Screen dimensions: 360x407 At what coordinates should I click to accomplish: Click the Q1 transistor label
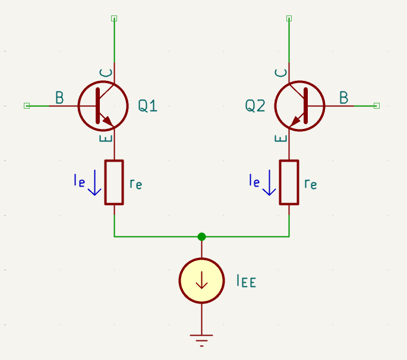click(x=148, y=106)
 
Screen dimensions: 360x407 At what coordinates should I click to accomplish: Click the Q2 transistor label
click(x=255, y=106)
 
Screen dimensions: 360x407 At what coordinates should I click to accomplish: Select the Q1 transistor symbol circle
click(x=103, y=106)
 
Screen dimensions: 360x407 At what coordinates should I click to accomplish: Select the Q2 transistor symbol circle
click(x=301, y=106)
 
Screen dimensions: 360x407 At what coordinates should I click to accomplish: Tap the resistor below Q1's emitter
click(x=114, y=182)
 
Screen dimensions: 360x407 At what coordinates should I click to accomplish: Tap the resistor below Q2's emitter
click(x=289, y=182)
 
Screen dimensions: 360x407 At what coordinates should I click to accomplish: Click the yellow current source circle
click(x=201, y=280)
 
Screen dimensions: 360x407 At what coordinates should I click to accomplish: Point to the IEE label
click(x=246, y=281)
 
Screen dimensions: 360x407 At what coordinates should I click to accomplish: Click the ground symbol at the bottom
click(x=201, y=340)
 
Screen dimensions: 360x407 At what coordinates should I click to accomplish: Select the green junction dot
click(x=201, y=236)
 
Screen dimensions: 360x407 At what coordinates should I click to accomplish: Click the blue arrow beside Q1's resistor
click(x=94, y=183)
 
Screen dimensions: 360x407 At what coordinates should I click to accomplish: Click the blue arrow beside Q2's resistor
click(x=269, y=183)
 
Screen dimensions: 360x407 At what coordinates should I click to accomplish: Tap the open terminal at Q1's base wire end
click(x=26, y=106)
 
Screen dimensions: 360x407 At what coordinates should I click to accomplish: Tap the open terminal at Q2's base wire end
click(x=377, y=106)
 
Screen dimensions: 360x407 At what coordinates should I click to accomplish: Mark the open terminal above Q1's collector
click(x=114, y=18)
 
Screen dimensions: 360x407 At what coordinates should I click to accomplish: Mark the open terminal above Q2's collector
click(x=289, y=18)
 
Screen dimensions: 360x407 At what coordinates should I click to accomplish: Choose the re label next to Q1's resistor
click(x=135, y=184)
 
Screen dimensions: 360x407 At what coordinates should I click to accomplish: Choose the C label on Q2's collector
click(x=282, y=73)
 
